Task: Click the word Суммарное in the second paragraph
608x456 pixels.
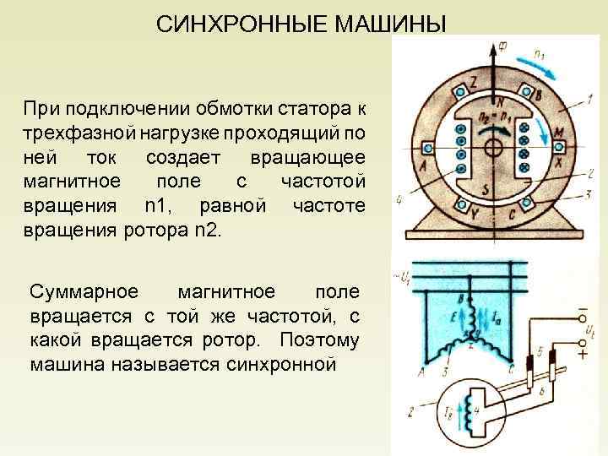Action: pyautogui.click(x=83, y=292)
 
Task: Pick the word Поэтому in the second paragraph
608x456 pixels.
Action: pyautogui.click(x=326, y=341)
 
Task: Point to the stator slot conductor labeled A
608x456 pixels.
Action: pyautogui.click(x=430, y=147)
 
